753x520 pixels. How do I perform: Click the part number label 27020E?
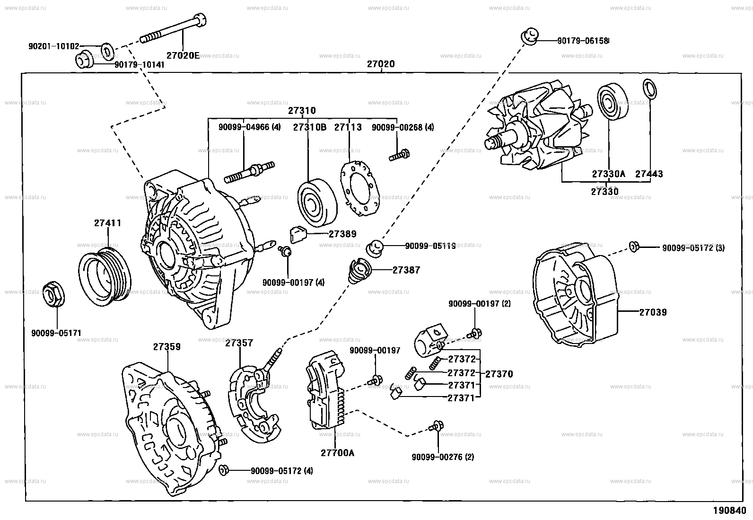[183, 55]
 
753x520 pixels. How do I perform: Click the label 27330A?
[608, 174]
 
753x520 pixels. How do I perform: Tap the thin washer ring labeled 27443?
[650, 90]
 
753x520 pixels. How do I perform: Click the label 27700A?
[337, 453]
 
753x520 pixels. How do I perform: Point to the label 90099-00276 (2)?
[443, 457]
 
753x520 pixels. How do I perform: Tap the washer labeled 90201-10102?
[107, 50]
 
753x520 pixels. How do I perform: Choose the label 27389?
[342, 234]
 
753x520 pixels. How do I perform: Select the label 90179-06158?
[583, 41]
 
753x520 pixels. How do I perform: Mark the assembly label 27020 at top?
[381, 64]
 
